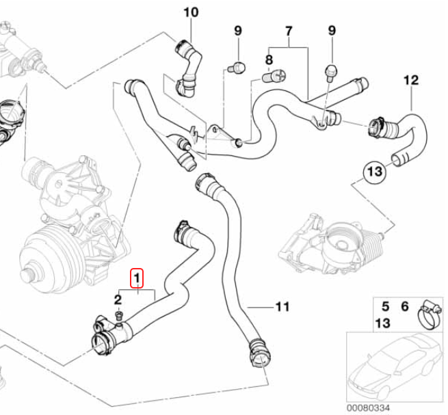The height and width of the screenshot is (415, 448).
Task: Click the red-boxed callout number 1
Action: (x=137, y=278)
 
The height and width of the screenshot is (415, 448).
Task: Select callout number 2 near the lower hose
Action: (x=117, y=299)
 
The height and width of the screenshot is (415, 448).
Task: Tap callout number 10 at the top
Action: (x=191, y=12)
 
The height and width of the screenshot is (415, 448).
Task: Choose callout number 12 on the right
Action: (x=410, y=80)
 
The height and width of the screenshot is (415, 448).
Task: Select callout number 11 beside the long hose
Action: (x=282, y=306)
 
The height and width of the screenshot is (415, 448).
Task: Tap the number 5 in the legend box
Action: (x=385, y=307)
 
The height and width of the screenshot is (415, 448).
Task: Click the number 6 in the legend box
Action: (x=404, y=307)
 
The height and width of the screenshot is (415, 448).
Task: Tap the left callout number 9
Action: (x=238, y=30)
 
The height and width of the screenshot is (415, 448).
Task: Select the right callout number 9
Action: (x=332, y=30)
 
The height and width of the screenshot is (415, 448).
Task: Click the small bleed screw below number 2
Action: (x=119, y=317)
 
